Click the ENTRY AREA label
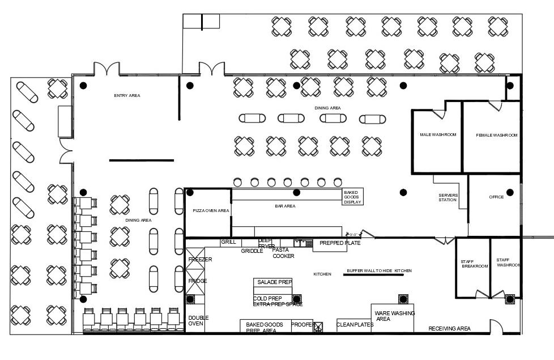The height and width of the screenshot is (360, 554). [127, 96]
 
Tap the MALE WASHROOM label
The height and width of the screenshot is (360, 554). [438, 135]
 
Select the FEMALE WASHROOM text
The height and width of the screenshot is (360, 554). [497, 135]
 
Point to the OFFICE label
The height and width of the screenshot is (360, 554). [496, 197]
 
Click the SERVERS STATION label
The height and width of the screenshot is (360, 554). [448, 197]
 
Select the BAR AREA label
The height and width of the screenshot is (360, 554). [285, 206]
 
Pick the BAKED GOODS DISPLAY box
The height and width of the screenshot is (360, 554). [352, 197]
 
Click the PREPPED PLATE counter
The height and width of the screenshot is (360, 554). [339, 243]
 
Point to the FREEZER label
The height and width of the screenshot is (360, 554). [200, 260]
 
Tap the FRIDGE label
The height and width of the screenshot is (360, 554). [198, 281]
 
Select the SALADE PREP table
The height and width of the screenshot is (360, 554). [274, 282]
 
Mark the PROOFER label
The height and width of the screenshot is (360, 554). [302, 325]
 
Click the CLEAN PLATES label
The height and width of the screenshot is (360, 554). [355, 325]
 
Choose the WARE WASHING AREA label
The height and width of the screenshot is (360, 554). [395, 316]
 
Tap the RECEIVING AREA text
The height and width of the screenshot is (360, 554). [449, 329]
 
